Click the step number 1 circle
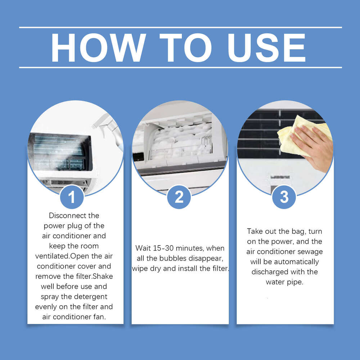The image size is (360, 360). pos(72,197)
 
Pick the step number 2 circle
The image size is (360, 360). pos(179,197)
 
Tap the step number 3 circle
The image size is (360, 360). pos(284,197)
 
